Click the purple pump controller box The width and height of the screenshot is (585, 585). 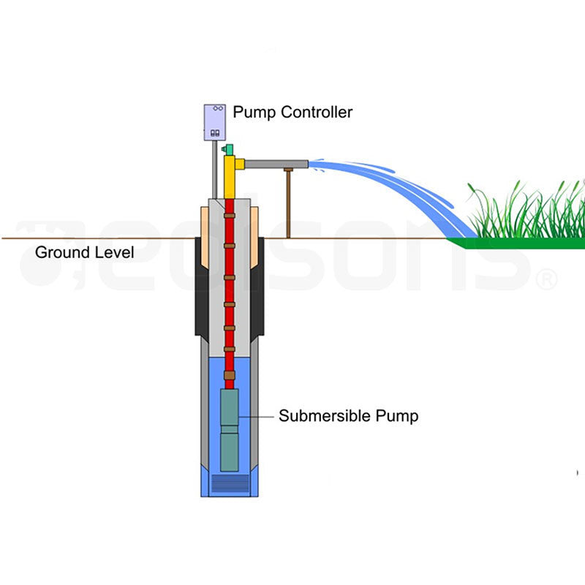tap(215, 121)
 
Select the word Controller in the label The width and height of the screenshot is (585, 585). tap(317, 113)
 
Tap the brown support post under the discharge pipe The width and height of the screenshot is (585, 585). tap(289, 205)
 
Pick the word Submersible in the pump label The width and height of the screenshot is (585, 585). tap(324, 417)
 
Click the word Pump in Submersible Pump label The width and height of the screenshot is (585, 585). tap(397, 417)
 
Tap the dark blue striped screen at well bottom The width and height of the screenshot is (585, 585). tap(230, 483)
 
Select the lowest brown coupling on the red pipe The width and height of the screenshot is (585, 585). tap(230, 375)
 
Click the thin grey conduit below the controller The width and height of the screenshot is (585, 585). tap(214, 168)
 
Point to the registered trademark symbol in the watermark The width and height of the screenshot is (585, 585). tap(546, 279)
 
